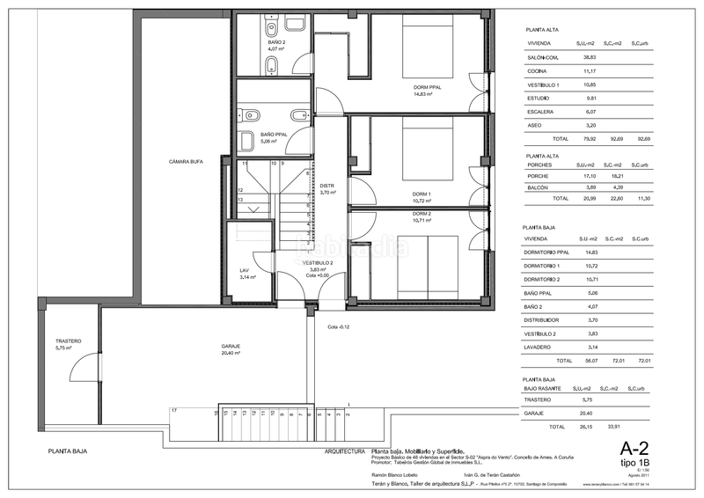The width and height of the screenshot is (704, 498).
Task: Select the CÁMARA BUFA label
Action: click(x=186, y=161)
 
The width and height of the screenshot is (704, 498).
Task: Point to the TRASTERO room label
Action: click(x=68, y=341)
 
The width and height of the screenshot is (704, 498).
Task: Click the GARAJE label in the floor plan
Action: click(x=231, y=346)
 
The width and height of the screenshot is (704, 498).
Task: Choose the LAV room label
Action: click(x=246, y=270)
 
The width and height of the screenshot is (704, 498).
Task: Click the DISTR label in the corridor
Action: click(x=326, y=186)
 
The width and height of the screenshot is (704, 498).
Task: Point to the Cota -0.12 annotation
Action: click(x=339, y=326)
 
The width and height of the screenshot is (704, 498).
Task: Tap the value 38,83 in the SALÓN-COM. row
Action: click(x=589, y=55)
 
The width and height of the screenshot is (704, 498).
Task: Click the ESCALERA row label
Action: click(x=539, y=112)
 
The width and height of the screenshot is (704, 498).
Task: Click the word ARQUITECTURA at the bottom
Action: click(x=345, y=450)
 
